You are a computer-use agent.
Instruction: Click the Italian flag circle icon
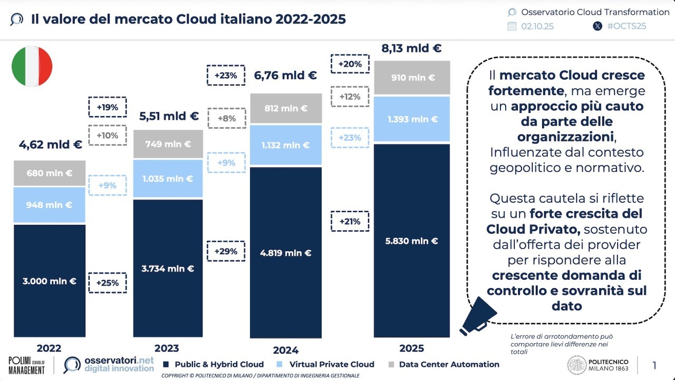click(32, 66)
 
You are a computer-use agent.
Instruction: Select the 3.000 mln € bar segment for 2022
click(50, 281)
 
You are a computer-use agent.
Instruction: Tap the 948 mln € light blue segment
click(50, 205)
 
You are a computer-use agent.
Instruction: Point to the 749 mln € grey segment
click(168, 144)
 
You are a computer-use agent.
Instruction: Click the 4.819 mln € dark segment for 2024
click(285, 253)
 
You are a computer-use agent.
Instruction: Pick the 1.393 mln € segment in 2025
click(412, 119)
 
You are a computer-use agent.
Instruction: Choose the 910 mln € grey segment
click(412, 78)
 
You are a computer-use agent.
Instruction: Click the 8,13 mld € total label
click(411, 49)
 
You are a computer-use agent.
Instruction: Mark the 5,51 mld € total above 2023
click(169, 116)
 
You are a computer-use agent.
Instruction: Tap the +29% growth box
click(226, 251)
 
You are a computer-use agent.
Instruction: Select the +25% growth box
click(108, 282)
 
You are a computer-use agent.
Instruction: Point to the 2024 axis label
click(286, 350)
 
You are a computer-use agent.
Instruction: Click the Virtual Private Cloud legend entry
click(331, 364)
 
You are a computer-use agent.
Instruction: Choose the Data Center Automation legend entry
click(449, 364)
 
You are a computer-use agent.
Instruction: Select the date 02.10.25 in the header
click(537, 26)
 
